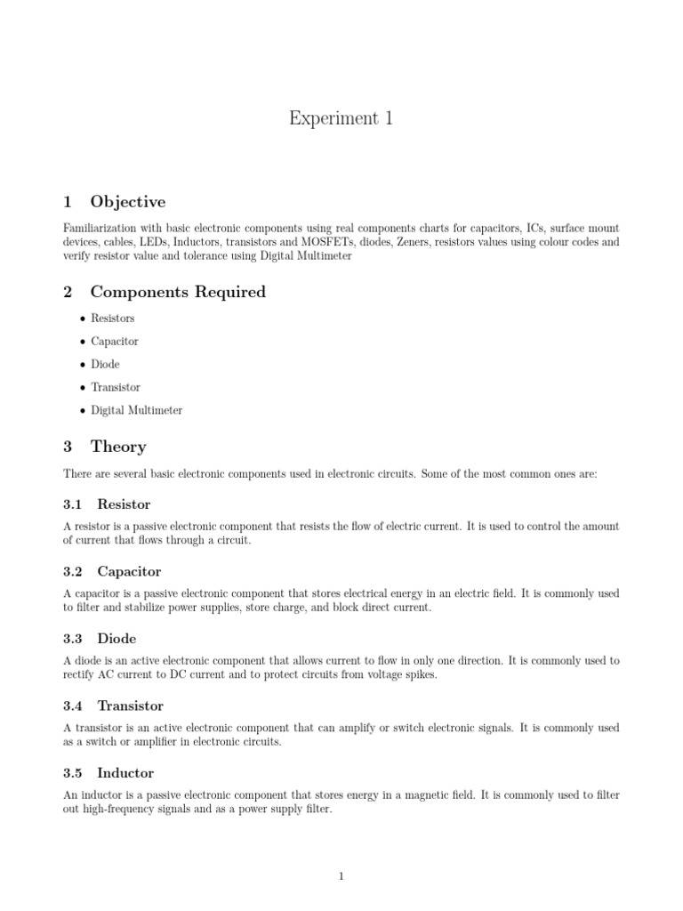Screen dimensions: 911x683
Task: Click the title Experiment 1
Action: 341,118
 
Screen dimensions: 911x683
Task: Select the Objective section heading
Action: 127,202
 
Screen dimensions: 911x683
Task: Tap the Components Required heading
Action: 178,292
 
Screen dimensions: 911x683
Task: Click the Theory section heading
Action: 118,447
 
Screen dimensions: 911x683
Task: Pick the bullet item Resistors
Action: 113,318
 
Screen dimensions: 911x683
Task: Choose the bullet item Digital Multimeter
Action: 136,411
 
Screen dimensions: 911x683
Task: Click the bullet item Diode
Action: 105,365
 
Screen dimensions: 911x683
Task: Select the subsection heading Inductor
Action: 125,773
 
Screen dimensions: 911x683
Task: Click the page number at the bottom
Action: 341,876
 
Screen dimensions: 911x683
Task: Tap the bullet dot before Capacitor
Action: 82,342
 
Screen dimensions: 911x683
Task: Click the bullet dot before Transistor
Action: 82,388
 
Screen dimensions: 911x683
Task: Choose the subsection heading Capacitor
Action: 129,572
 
